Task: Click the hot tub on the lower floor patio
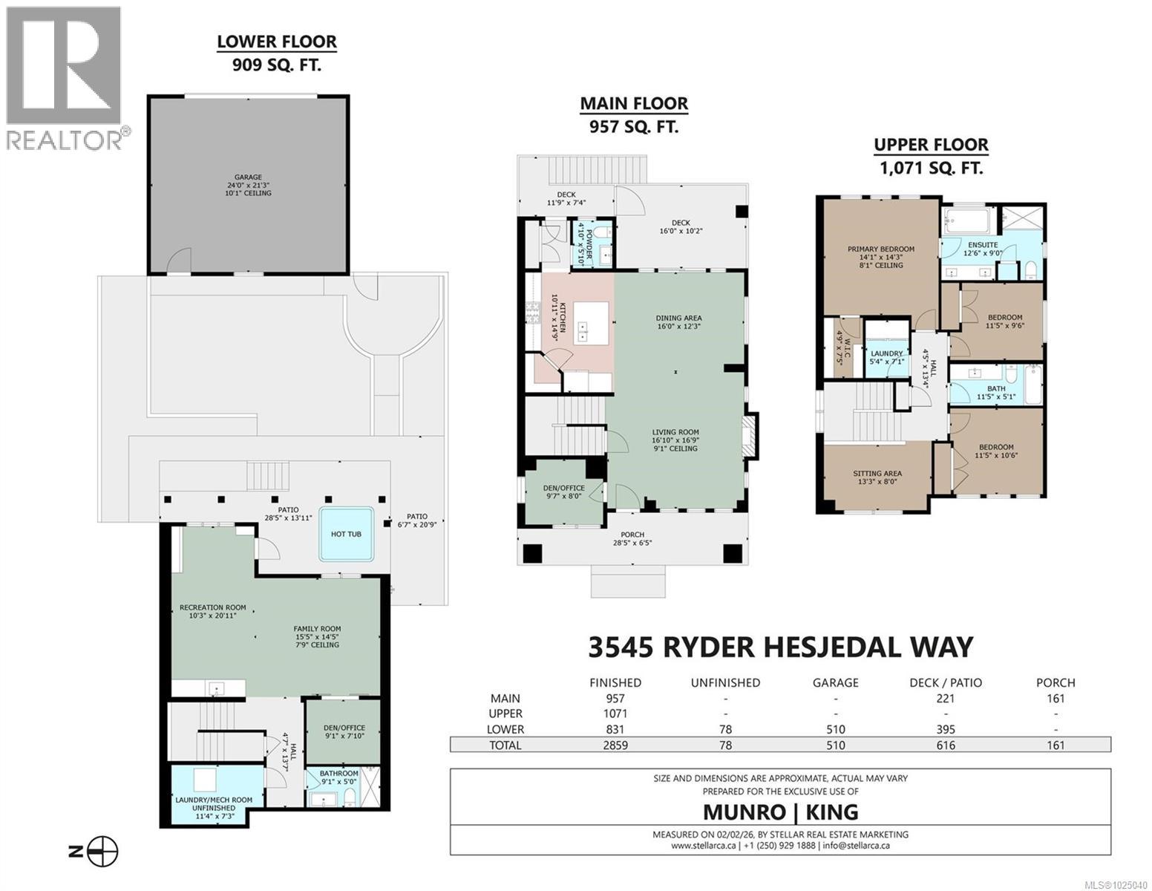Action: click(346, 534)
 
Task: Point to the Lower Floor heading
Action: click(277, 42)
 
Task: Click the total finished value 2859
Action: click(615, 745)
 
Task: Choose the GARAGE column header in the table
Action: click(835, 682)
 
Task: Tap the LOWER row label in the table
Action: click(505, 729)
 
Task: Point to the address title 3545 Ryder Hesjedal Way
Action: click(780, 647)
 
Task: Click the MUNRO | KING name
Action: click(780, 812)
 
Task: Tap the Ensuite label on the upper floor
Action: click(982, 245)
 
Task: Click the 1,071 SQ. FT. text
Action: click(931, 169)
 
